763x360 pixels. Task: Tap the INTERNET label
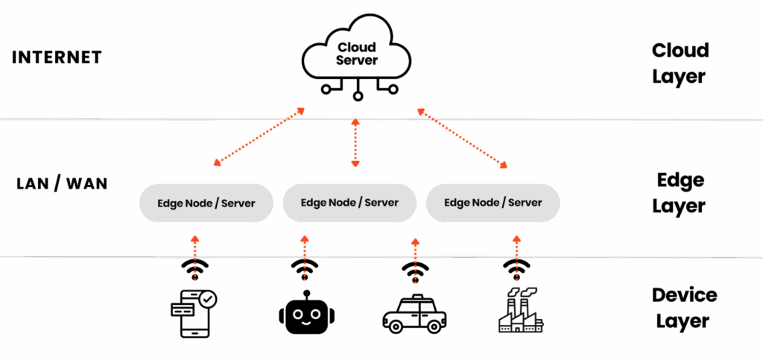tap(57, 58)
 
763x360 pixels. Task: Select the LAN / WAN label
tap(62, 183)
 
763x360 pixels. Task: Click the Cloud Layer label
tap(679, 63)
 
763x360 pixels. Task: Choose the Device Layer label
tap(683, 308)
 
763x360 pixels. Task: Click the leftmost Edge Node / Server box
tap(206, 203)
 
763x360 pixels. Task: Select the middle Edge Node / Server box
tap(349, 202)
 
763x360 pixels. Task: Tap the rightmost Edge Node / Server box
tap(493, 202)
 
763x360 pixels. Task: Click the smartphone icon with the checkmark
tap(193, 314)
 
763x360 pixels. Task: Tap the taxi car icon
tap(414, 313)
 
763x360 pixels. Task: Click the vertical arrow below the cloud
tap(355, 142)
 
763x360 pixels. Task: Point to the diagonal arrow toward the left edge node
tap(258, 136)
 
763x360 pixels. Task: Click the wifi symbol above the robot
tap(304, 267)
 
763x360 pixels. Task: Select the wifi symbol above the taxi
tap(415, 268)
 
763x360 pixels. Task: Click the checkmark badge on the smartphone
tap(209, 299)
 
